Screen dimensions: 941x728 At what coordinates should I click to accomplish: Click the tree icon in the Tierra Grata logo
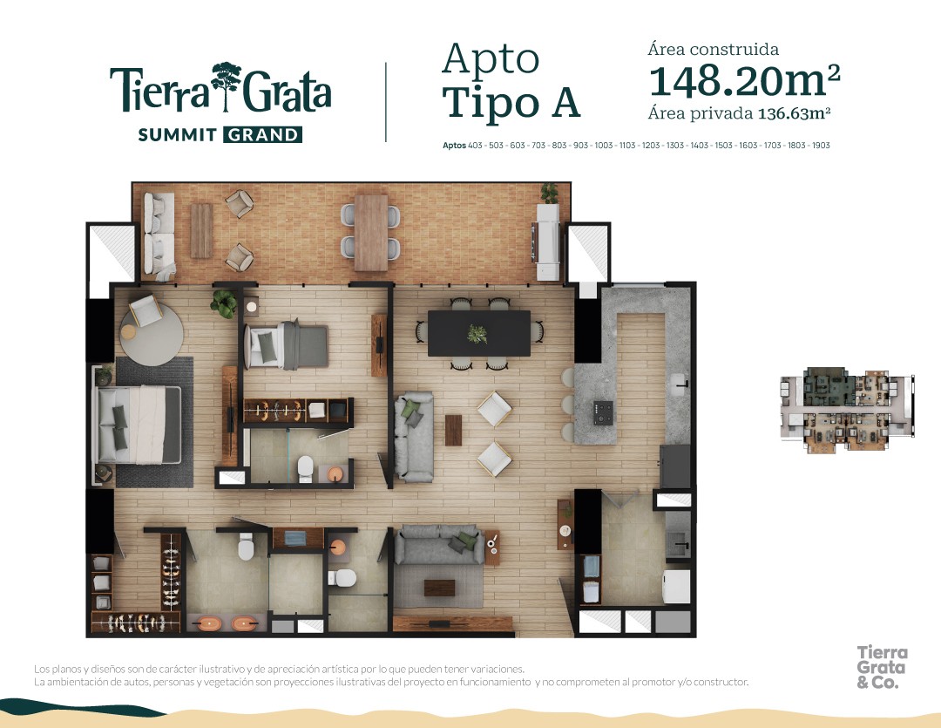click(226, 86)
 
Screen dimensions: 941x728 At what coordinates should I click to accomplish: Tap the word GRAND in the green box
click(263, 134)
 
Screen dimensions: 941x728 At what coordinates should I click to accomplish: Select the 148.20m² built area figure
click(744, 81)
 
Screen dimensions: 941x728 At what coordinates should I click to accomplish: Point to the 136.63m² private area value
click(794, 113)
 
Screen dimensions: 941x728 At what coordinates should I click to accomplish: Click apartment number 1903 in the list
click(821, 146)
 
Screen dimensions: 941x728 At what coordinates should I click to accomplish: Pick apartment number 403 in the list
click(475, 146)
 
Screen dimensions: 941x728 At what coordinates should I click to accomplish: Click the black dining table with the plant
click(479, 333)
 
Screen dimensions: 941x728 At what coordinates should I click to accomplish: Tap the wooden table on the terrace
click(371, 233)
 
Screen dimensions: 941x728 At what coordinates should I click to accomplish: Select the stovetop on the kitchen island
click(603, 412)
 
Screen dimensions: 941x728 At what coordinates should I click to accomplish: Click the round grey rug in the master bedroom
click(152, 333)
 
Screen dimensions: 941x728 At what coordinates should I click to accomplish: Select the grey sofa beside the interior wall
click(414, 437)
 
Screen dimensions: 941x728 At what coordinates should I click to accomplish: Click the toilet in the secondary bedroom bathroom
click(306, 469)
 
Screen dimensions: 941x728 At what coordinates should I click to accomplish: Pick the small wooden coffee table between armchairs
click(454, 430)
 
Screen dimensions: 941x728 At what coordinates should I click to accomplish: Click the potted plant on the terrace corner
click(549, 194)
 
